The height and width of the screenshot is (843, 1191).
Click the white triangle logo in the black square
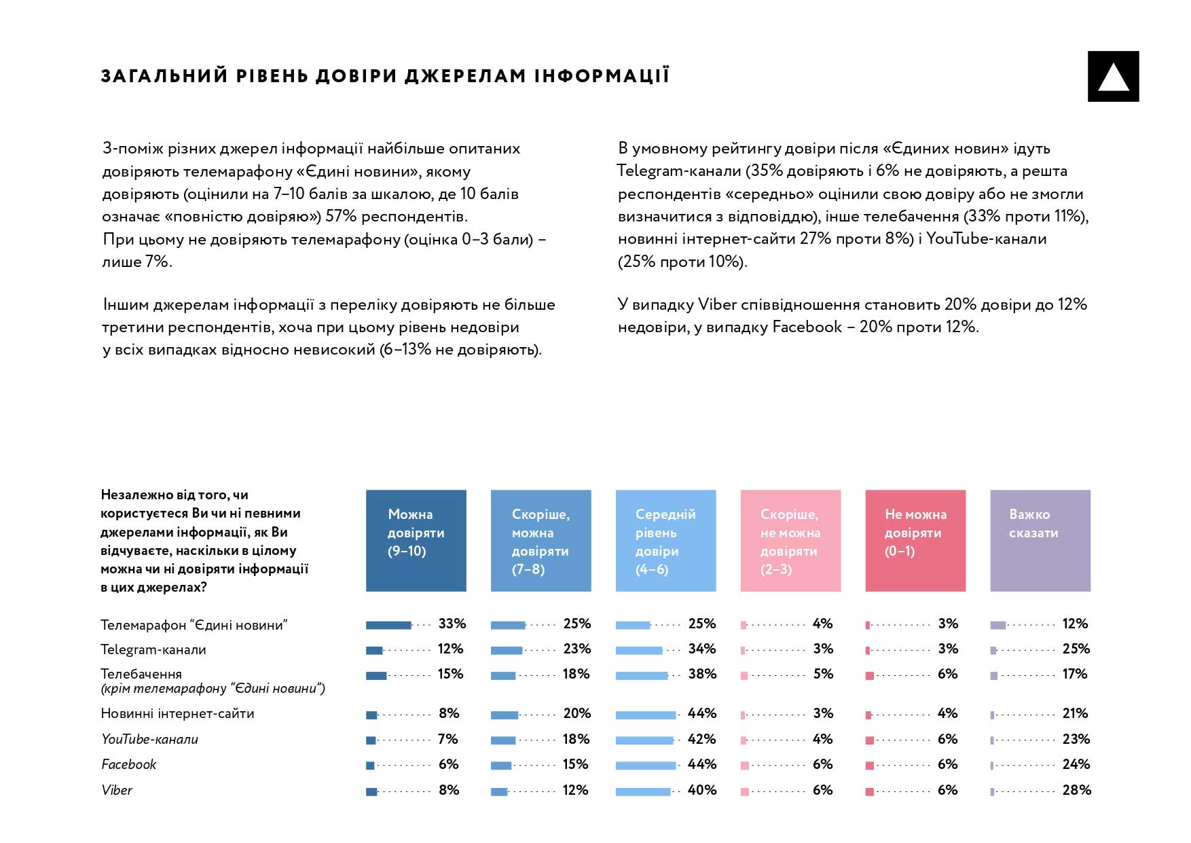(x=1113, y=77)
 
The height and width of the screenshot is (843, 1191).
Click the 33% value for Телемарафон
(x=452, y=624)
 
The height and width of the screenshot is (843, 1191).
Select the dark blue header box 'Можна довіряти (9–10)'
(x=416, y=540)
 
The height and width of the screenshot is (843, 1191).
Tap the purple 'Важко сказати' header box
(x=1040, y=540)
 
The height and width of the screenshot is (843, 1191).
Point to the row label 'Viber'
(x=117, y=790)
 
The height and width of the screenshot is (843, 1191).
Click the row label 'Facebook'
(x=128, y=764)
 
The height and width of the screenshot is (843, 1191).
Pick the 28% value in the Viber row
(x=1076, y=790)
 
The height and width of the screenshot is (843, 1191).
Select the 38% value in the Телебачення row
(x=701, y=674)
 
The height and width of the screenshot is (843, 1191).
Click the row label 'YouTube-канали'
(x=149, y=739)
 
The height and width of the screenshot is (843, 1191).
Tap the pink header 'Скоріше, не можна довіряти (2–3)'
(x=790, y=540)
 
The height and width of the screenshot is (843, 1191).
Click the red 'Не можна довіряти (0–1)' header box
(x=915, y=540)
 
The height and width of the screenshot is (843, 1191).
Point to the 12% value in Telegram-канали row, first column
(x=450, y=649)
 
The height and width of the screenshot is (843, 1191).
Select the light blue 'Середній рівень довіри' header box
(x=665, y=540)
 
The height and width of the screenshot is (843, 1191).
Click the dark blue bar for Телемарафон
(x=388, y=625)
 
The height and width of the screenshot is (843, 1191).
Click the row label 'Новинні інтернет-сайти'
(x=177, y=713)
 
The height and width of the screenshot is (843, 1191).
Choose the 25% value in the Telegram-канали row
(x=1076, y=649)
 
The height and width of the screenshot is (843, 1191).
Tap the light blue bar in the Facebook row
(x=645, y=766)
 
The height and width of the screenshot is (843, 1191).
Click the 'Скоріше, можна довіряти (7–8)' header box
(x=540, y=540)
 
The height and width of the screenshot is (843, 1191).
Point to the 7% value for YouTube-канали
(x=447, y=739)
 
